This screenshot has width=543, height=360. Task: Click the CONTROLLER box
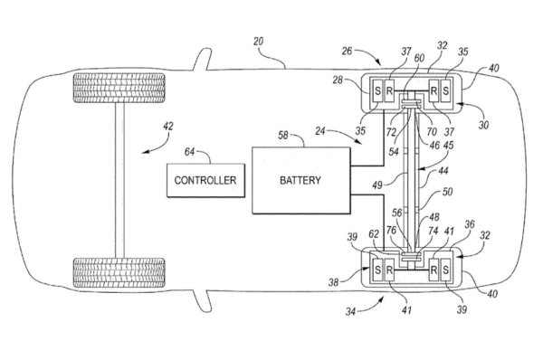205,180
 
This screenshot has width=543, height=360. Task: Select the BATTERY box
301,180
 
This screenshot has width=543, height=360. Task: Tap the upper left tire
119,88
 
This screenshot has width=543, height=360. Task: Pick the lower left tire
119,273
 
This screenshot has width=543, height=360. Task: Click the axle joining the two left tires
119,180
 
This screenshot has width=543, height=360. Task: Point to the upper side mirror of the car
203,59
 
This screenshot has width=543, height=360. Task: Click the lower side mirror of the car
203,301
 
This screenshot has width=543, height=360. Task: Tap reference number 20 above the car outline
258,42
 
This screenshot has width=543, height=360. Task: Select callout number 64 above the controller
189,152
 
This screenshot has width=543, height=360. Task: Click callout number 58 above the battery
283,135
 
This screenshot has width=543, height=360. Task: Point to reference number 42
168,126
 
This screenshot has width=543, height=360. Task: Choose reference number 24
320,131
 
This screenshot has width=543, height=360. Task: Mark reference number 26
347,52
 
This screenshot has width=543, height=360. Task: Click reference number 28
338,80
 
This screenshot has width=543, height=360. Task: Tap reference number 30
484,125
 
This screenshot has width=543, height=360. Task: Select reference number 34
350,311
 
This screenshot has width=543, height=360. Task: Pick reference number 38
333,282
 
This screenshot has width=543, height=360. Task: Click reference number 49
377,185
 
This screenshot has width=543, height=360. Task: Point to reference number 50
447,192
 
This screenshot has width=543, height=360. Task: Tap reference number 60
419,58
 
